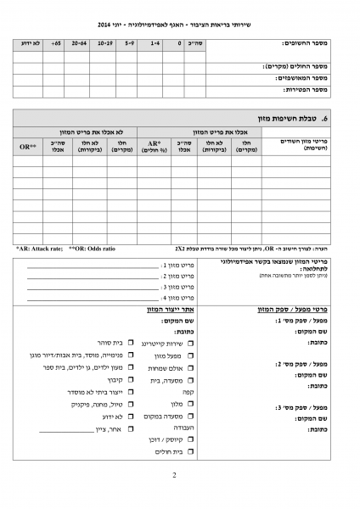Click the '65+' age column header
click(56, 42)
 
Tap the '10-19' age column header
click(105, 42)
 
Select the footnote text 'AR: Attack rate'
click(38, 249)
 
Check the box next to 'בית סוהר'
click(132, 342)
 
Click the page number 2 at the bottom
click(173, 476)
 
